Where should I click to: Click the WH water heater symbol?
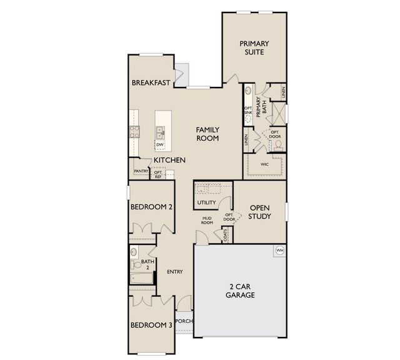click(x=280, y=251)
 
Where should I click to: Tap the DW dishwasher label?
click(x=160, y=144)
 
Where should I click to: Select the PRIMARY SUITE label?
click(x=254, y=47)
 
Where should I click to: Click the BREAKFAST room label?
click(x=151, y=82)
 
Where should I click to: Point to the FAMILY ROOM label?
click(x=207, y=134)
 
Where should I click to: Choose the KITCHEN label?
click(x=169, y=160)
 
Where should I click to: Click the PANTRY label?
click(x=141, y=171)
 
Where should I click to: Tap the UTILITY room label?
click(x=206, y=202)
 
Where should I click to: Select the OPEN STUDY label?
click(x=259, y=212)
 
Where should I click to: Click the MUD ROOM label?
click(x=207, y=221)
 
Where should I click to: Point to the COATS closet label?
click(x=225, y=235)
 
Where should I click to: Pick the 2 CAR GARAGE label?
click(x=240, y=291)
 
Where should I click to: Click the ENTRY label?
click(x=175, y=272)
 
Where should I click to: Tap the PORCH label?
click(x=184, y=321)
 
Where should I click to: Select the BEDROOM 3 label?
click(x=151, y=325)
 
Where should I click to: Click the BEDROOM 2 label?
click(x=151, y=207)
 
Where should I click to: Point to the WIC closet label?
click(x=264, y=164)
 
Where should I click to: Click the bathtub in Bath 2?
click(x=142, y=278)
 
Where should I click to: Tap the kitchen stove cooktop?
click(x=134, y=132)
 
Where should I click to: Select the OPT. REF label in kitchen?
click(x=158, y=174)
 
